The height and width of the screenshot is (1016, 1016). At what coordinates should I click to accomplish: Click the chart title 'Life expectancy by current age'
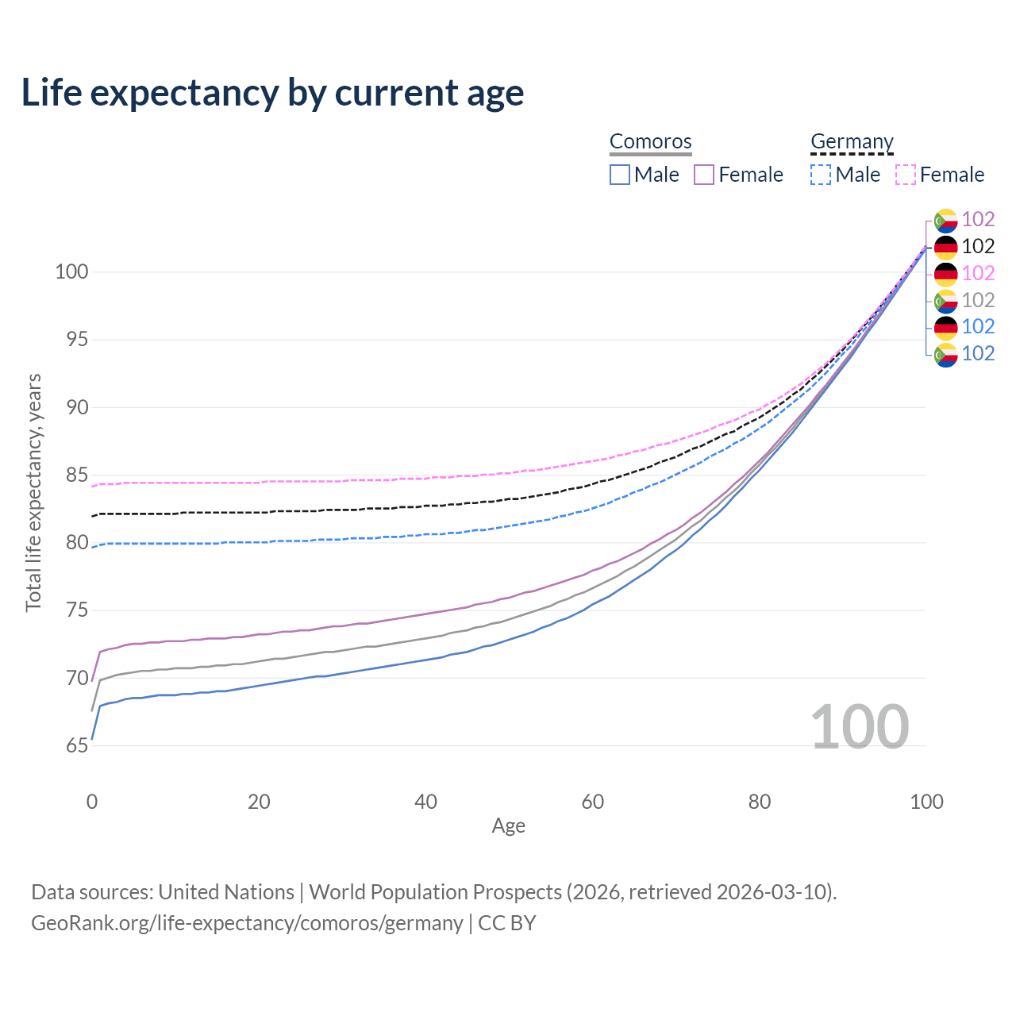click(x=272, y=93)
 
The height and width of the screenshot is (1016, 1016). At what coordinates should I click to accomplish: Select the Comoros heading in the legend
click(x=650, y=142)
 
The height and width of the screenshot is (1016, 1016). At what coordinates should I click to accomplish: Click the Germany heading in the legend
click(x=852, y=142)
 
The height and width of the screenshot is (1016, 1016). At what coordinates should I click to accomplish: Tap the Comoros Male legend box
click(x=620, y=175)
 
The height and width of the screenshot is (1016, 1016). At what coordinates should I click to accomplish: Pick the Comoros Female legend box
click(x=704, y=175)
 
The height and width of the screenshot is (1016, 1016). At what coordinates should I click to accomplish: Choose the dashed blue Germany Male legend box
click(x=821, y=175)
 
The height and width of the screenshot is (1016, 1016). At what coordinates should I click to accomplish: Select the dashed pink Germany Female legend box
click(x=906, y=175)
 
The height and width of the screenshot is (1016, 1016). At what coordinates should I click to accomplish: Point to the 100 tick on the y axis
click(x=71, y=272)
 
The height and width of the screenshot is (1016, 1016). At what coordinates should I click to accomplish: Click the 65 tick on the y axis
click(x=77, y=746)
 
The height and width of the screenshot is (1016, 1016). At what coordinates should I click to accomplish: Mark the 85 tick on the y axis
click(x=77, y=475)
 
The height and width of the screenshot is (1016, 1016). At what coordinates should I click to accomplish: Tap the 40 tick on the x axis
click(x=426, y=802)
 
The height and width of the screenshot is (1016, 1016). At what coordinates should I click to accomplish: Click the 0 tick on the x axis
click(x=92, y=802)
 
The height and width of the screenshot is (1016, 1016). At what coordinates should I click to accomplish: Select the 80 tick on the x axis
click(x=760, y=802)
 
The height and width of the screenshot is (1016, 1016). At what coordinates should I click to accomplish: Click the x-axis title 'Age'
click(x=508, y=826)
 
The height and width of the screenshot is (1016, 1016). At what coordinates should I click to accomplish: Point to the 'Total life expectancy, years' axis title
click(x=33, y=493)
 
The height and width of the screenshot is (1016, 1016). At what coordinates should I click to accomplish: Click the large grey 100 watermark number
click(x=860, y=727)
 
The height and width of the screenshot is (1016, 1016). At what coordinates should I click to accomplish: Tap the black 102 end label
click(x=978, y=247)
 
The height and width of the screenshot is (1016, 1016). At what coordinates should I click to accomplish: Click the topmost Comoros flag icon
click(x=945, y=220)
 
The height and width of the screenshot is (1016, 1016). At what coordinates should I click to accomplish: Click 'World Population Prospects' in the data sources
click(x=435, y=892)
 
